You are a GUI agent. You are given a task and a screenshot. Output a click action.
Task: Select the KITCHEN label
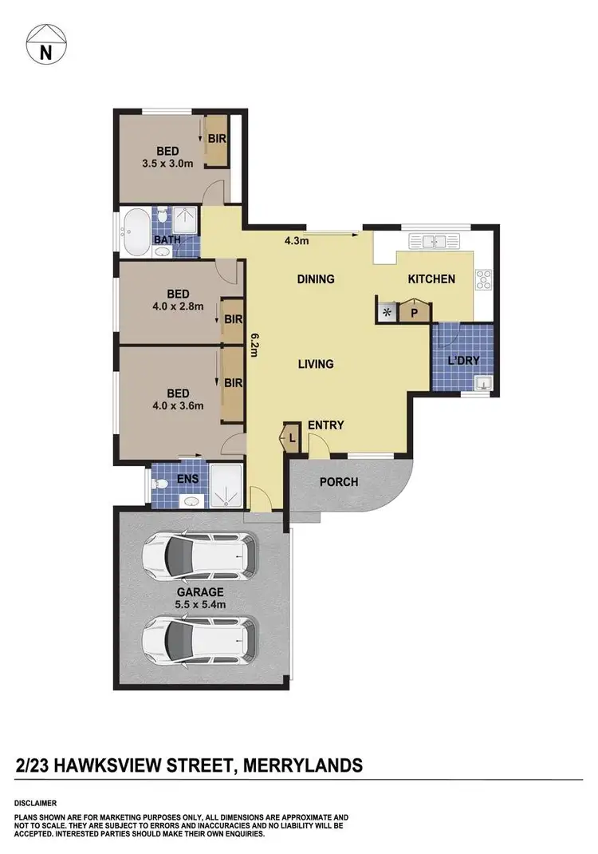click(431, 279)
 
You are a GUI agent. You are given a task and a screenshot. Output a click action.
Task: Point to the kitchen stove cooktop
click(483, 279)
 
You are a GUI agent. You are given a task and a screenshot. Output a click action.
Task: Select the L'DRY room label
click(463, 361)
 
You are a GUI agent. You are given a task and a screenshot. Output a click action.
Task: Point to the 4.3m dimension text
click(297, 239)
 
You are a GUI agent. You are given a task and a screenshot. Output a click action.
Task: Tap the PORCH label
click(339, 482)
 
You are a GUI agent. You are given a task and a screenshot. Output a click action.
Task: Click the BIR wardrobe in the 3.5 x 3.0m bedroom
click(217, 140)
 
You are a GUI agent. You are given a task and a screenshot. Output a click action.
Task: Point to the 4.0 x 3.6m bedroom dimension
click(178, 405)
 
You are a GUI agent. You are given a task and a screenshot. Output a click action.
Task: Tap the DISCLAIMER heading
click(35, 802)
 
